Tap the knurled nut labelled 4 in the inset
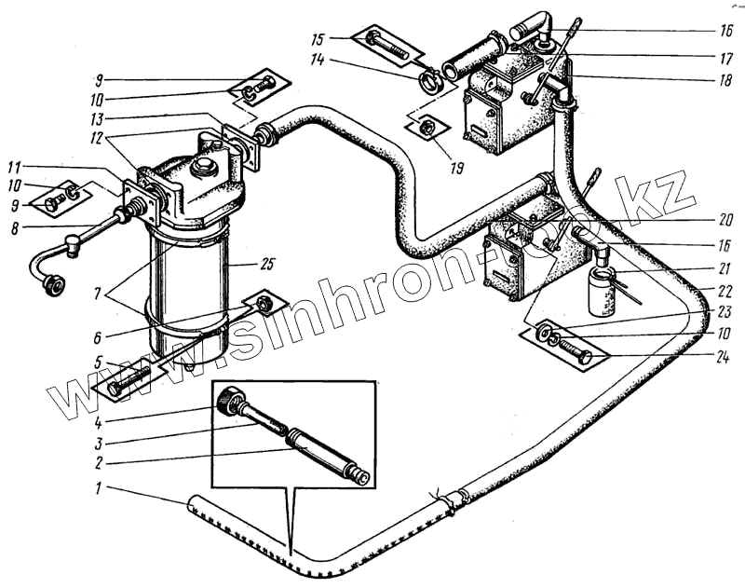pyautogui.click(x=230, y=403)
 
